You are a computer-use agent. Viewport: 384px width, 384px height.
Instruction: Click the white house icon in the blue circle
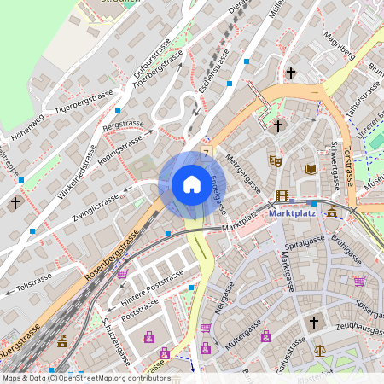coord(191,183)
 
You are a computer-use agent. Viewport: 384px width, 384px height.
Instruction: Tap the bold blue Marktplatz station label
coord(292,214)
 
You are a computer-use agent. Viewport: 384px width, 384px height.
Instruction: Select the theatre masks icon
coord(275,160)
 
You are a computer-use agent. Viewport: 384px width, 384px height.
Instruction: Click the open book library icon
coord(311,170)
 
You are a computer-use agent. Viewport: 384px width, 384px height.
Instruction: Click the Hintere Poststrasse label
coord(152,287)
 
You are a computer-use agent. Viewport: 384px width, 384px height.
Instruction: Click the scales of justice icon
coord(319,350)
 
